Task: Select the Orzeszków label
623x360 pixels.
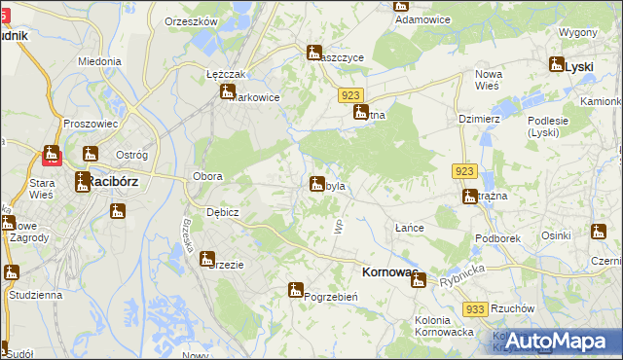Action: pos(189,21)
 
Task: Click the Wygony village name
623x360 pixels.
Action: pos(578,32)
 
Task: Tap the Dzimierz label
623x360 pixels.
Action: pos(478,118)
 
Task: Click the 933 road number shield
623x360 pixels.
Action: pos(474,308)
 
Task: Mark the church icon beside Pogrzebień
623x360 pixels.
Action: pos(295,289)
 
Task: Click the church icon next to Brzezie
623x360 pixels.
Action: pos(206,259)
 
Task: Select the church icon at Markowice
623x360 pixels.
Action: pos(228,91)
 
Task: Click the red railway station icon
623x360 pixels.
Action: pos(51,154)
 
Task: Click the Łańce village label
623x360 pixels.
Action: pos(409,227)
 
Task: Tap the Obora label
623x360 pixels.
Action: pos(208,176)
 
